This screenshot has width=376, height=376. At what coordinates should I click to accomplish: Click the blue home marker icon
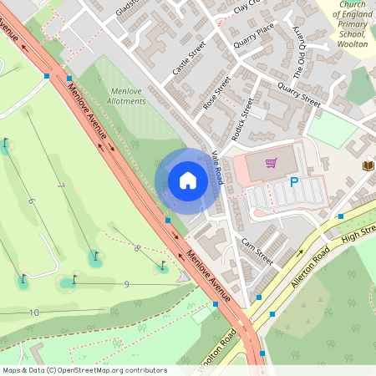188,180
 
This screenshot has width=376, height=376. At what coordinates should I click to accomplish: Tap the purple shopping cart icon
271,164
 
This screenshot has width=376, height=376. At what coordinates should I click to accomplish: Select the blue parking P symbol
293,181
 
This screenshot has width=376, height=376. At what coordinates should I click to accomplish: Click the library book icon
367,165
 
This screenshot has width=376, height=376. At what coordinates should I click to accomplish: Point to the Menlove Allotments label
127,95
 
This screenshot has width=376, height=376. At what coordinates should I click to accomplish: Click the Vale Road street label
217,166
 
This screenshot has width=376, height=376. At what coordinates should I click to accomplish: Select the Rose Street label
216,93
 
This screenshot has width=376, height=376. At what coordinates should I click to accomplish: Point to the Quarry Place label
254,37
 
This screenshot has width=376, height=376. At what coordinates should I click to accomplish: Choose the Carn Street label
257,250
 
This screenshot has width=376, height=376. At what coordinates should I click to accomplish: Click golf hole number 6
31,201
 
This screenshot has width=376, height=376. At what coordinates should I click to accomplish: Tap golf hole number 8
136,247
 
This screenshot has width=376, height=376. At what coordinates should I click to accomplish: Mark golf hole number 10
33,312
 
